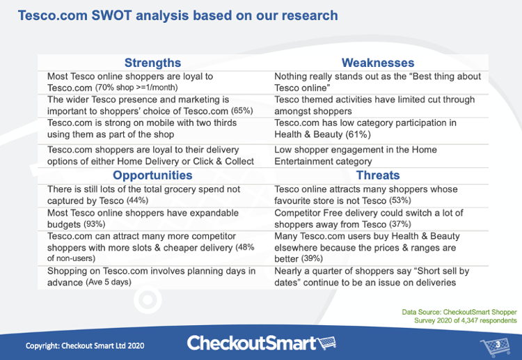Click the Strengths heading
pos(152,63)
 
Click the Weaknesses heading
pos(378,63)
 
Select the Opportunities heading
pos(152,175)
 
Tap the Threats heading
pos(378,175)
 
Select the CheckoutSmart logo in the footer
pos(261,343)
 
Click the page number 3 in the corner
pos(498,343)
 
